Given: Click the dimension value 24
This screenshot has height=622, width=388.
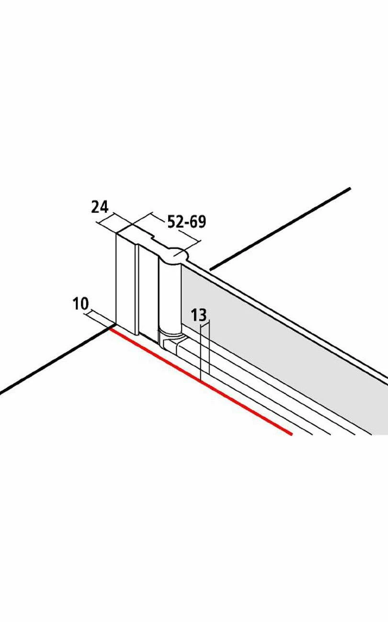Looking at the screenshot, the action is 100,207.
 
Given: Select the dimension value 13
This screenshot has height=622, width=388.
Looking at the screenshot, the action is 199,315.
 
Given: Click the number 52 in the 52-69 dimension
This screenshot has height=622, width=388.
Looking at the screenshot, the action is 175,222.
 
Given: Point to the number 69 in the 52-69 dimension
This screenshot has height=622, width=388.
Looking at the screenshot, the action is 198,222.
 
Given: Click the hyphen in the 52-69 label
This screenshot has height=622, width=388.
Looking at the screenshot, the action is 186,223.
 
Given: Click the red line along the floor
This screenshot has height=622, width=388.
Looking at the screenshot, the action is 201,382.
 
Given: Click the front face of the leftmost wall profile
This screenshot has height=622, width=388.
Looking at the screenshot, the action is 126,283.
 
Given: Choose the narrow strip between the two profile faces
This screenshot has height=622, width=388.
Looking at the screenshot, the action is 137,289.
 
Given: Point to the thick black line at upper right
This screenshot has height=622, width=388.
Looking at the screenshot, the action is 280,229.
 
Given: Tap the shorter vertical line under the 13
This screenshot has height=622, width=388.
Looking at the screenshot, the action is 209,347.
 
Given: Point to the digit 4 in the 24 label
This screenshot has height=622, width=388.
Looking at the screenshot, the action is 104,207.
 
